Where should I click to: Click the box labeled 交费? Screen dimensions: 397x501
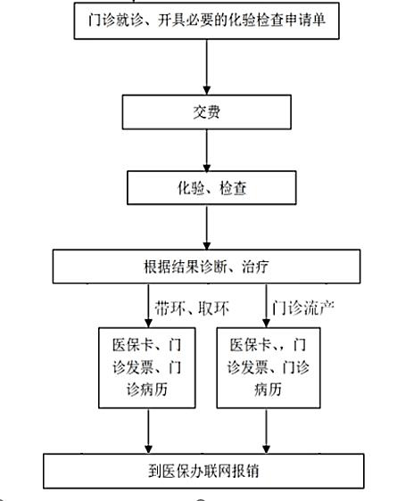(x=206, y=111)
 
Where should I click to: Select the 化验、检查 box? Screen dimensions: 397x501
(x=211, y=187)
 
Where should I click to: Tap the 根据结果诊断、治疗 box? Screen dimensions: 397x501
(x=206, y=267)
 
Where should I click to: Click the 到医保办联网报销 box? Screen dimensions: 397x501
(x=203, y=471)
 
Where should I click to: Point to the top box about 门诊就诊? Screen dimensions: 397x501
(x=206, y=21)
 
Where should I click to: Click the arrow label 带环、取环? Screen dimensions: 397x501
(x=192, y=308)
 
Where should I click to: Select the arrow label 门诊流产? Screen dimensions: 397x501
(x=303, y=308)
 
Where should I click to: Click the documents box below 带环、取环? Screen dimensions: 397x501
(x=147, y=368)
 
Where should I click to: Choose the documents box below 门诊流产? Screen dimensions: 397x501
(x=269, y=368)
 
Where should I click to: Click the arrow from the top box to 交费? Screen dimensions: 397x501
(x=206, y=67)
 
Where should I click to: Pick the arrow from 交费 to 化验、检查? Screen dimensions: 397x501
(x=206, y=150)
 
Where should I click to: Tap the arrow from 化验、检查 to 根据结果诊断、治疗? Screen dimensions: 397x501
(x=206, y=227)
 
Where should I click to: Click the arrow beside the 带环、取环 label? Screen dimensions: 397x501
(x=148, y=306)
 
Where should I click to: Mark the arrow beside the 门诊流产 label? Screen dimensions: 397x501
(x=266, y=306)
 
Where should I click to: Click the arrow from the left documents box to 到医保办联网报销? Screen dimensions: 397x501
(x=148, y=431)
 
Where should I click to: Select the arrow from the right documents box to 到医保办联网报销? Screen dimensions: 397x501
(x=266, y=431)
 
